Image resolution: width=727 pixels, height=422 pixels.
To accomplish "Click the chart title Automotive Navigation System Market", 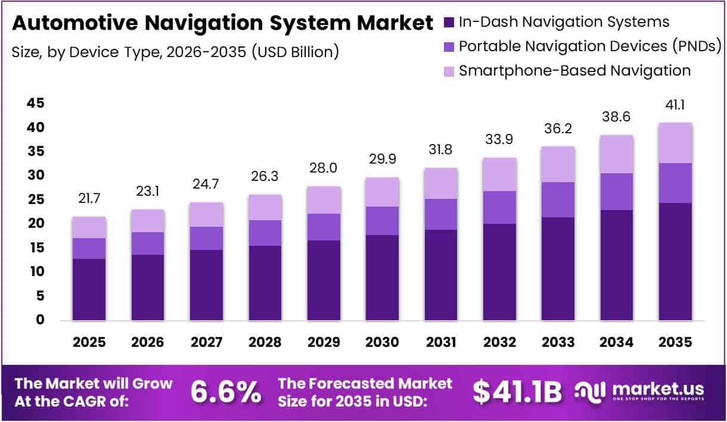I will [x=222, y=23].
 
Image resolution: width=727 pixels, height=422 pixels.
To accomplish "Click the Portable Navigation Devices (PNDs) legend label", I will [x=591, y=46].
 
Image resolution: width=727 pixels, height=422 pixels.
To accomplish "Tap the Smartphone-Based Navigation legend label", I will [x=574, y=71].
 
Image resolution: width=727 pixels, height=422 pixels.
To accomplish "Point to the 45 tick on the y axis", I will [x=35, y=104].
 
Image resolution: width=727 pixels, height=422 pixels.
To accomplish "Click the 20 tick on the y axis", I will [x=35, y=224].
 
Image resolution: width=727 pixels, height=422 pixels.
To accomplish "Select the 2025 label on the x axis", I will [x=89, y=343].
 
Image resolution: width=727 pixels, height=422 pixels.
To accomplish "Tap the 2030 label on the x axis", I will [x=382, y=343].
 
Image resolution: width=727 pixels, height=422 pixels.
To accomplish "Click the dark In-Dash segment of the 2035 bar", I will [x=675, y=262].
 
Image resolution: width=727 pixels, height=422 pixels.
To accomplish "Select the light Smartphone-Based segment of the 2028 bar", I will [x=265, y=207].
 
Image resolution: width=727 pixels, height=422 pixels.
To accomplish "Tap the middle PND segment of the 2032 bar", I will [x=499, y=207].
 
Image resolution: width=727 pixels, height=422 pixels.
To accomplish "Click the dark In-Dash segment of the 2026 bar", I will [x=148, y=287].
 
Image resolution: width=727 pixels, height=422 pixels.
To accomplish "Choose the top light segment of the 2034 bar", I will [x=617, y=154].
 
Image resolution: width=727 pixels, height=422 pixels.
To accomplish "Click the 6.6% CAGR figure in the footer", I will [x=226, y=392].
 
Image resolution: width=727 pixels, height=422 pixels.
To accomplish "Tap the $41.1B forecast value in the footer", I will [x=517, y=392].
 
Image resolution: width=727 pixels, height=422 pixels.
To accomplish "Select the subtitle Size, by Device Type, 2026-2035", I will [x=175, y=52].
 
